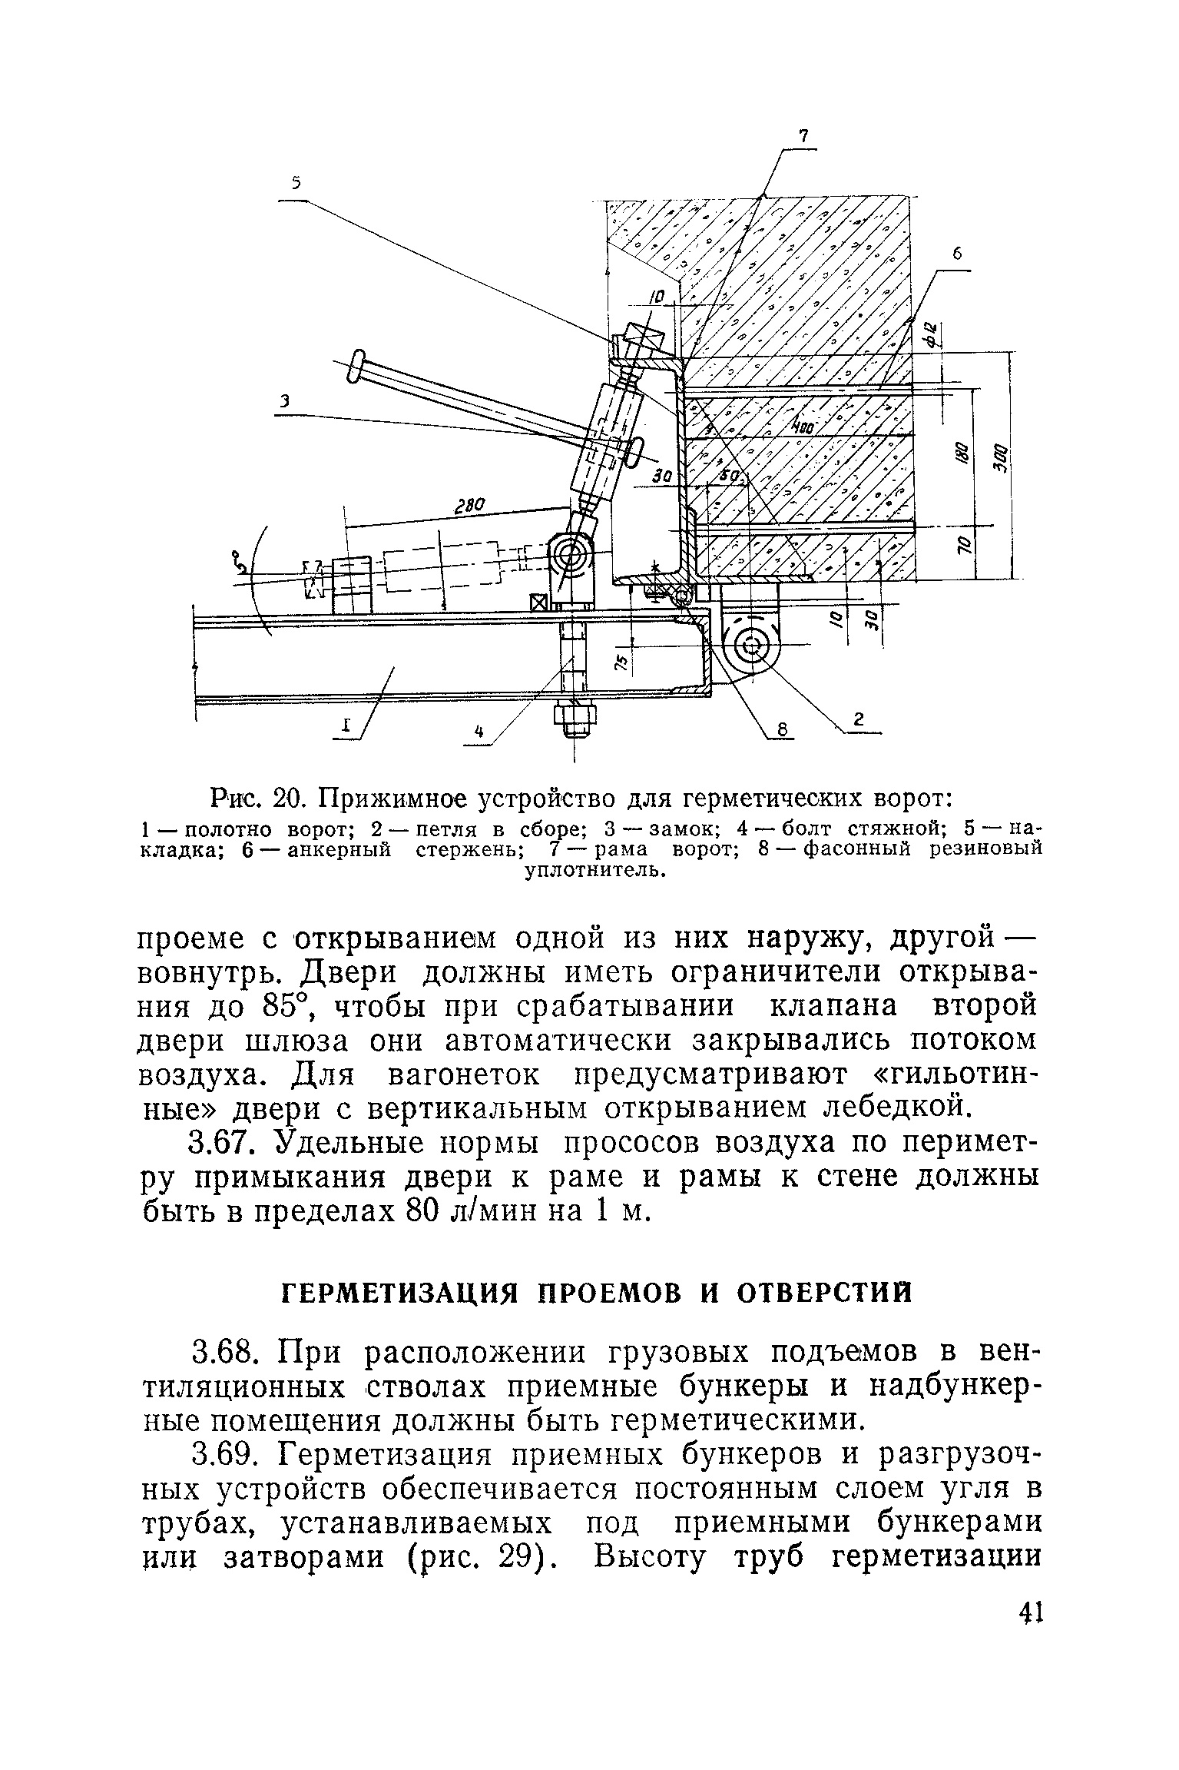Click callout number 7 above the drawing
click(x=803, y=137)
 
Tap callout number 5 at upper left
click(x=296, y=183)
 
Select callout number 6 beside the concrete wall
click(x=957, y=255)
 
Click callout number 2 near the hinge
click(x=859, y=719)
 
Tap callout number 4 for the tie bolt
click(x=479, y=733)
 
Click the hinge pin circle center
click(x=751, y=644)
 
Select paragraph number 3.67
click(x=225, y=1143)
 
